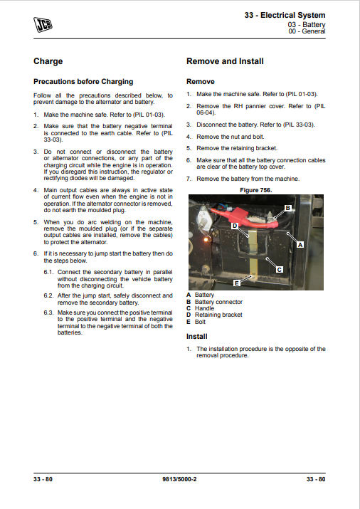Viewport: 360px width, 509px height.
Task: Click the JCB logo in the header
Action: coord(43,25)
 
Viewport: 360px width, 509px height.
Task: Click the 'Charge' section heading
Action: coord(48,61)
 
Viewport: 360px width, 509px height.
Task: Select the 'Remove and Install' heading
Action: coord(225,61)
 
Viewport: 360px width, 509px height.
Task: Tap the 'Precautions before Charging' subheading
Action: coord(83,81)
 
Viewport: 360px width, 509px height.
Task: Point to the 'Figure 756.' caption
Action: coord(256,190)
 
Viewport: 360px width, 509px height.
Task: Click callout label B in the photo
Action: coord(287,208)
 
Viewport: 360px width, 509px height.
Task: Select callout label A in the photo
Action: coord(300,244)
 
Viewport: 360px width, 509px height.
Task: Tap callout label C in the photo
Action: coord(279,269)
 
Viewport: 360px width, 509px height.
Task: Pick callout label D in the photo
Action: coord(235,226)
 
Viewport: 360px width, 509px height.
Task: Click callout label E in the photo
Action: coord(237,283)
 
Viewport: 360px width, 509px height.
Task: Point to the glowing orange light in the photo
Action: coord(206,240)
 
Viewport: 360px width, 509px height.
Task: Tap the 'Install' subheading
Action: coord(197,336)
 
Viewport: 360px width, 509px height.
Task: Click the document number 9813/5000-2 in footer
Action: coord(179,479)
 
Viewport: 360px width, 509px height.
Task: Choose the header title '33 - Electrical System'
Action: coord(285,15)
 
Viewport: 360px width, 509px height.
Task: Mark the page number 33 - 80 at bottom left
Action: coord(43,479)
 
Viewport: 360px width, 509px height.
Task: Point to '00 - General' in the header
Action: coord(307,31)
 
